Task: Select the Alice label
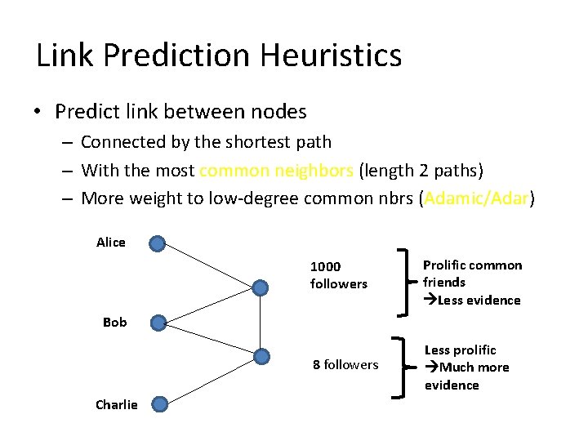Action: [111, 242]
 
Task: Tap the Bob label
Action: [115, 322]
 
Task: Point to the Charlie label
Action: [117, 404]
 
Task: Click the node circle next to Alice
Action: [158, 243]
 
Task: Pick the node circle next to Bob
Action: [158, 323]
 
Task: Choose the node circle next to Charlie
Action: [160, 403]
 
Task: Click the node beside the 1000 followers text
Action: [261, 287]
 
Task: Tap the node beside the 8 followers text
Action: [261, 356]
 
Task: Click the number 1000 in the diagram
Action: [326, 266]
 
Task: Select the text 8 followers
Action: [345, 364]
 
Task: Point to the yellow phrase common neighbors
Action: [276, 171]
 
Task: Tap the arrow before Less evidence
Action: [430, 300]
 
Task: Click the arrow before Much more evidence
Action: [432, 367]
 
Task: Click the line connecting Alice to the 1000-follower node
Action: [209, 265]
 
